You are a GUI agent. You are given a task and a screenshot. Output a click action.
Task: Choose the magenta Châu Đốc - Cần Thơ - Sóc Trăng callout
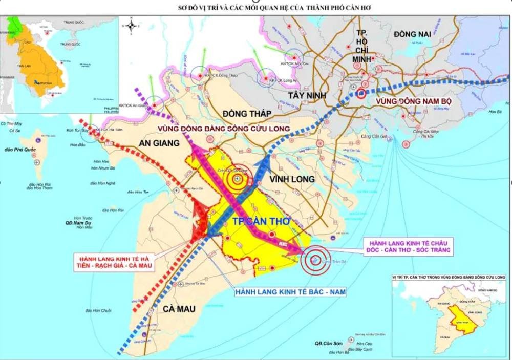point(407,245)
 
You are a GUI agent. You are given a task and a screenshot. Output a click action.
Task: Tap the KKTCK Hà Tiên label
point(110,130)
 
